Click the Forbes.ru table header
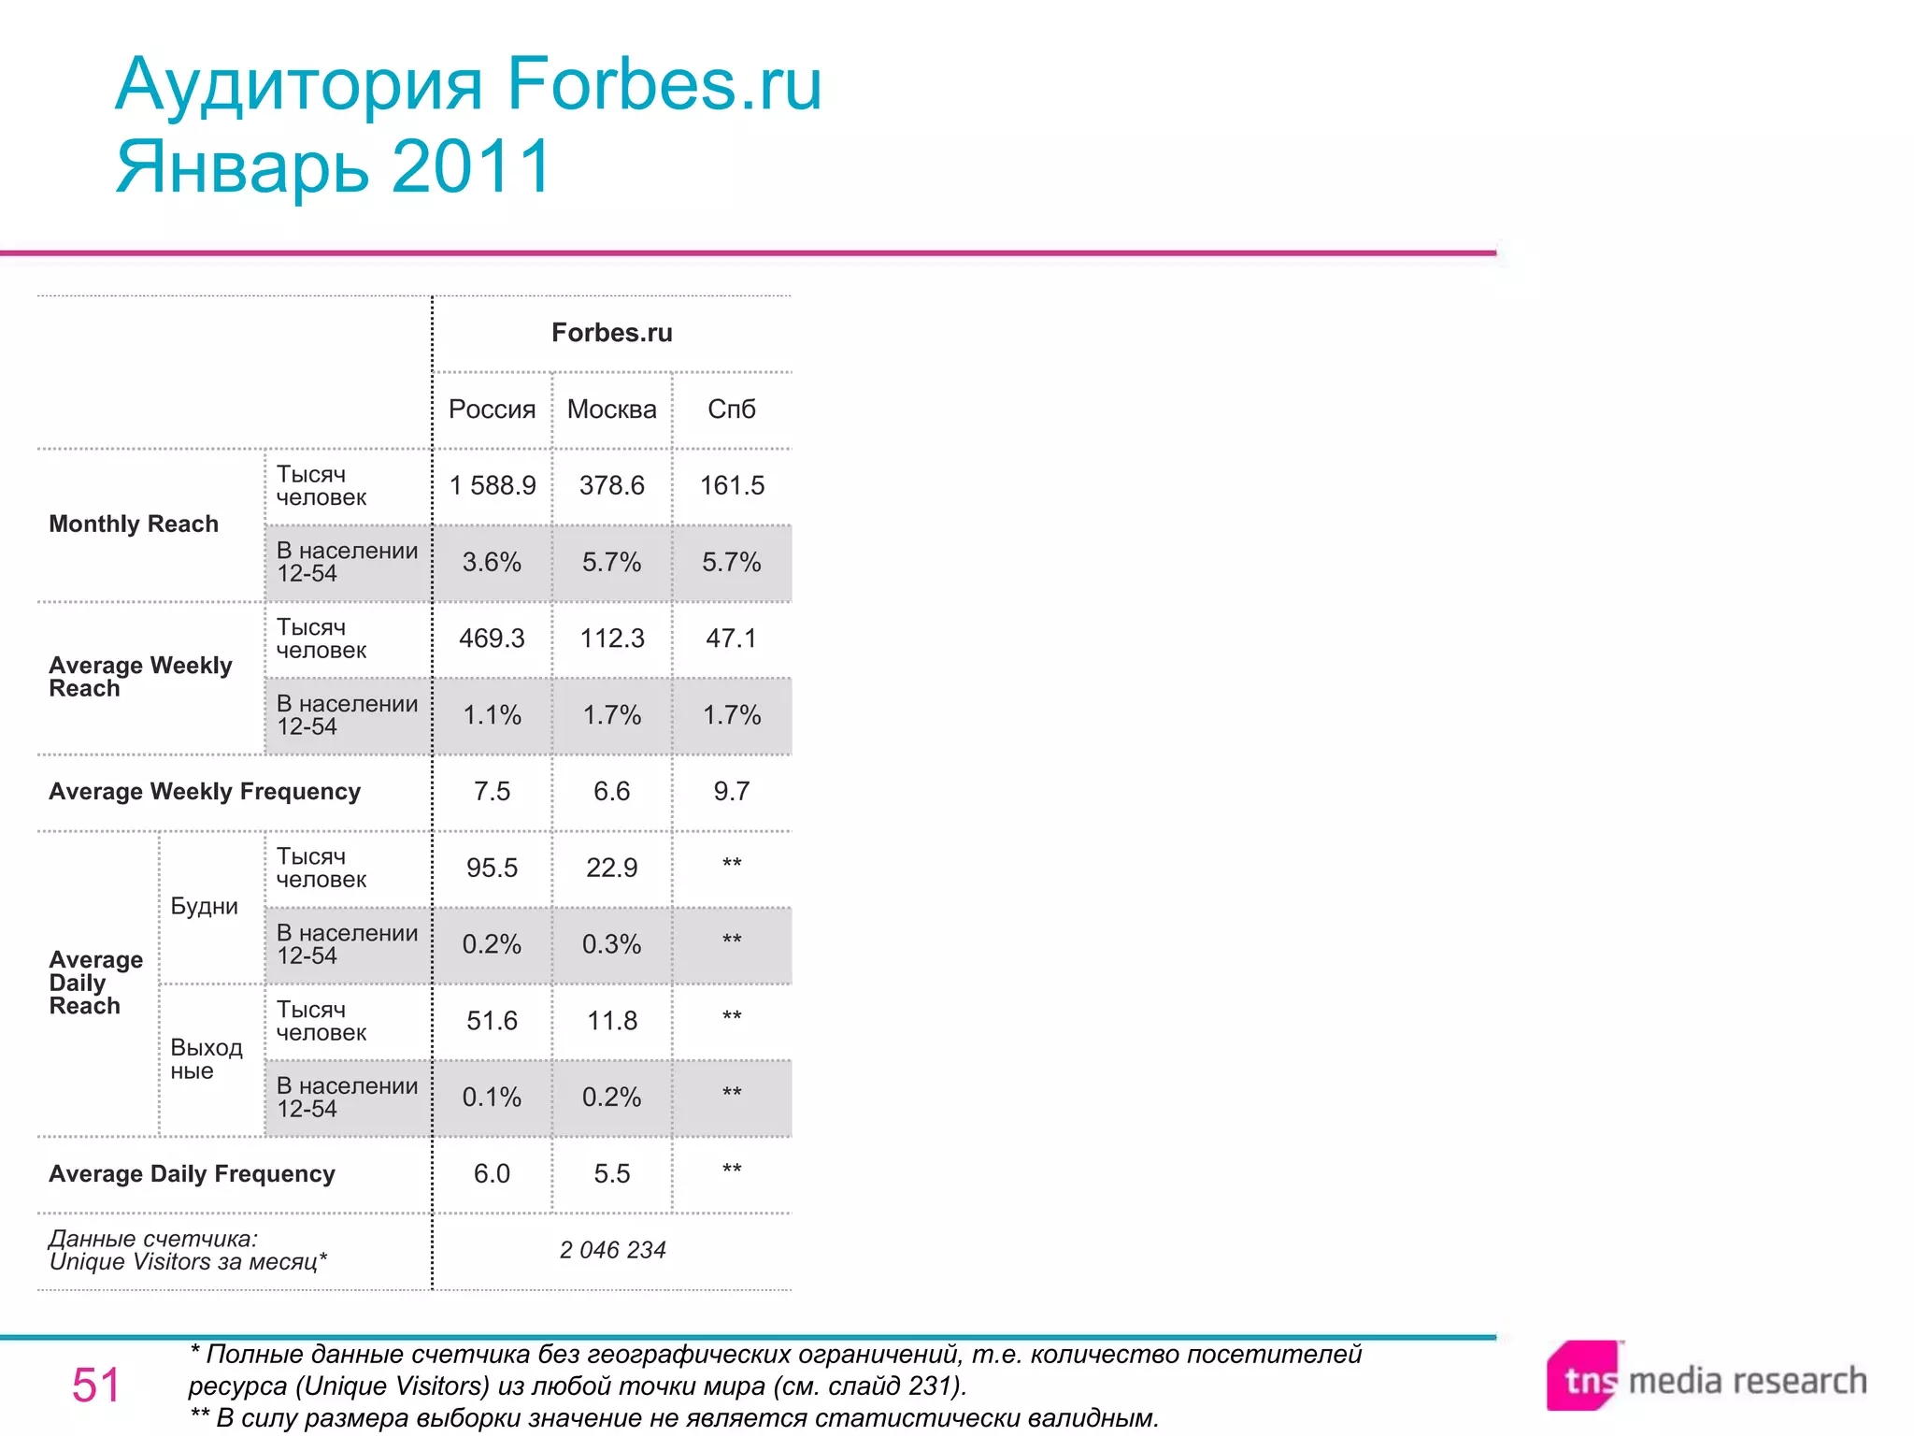611,333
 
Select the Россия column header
492,409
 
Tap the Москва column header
611,409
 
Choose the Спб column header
731,409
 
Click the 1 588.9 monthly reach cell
492,485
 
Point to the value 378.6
611,485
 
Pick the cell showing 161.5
732,485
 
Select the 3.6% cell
492,562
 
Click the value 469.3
492,639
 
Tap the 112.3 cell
612,639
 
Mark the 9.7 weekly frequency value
731,792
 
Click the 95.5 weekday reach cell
492,868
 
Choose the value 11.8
612,1021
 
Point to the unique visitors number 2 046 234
612,1250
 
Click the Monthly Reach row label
134,524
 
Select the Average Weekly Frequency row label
205,792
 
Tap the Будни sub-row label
204,907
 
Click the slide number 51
96,1386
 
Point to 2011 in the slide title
472,166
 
